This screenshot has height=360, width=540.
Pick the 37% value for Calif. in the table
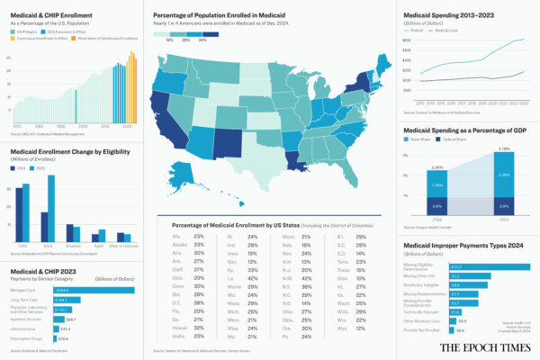pos(199,268)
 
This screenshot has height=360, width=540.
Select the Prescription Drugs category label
pos(27,337)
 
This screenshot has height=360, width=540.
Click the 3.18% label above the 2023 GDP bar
pos(503,148)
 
